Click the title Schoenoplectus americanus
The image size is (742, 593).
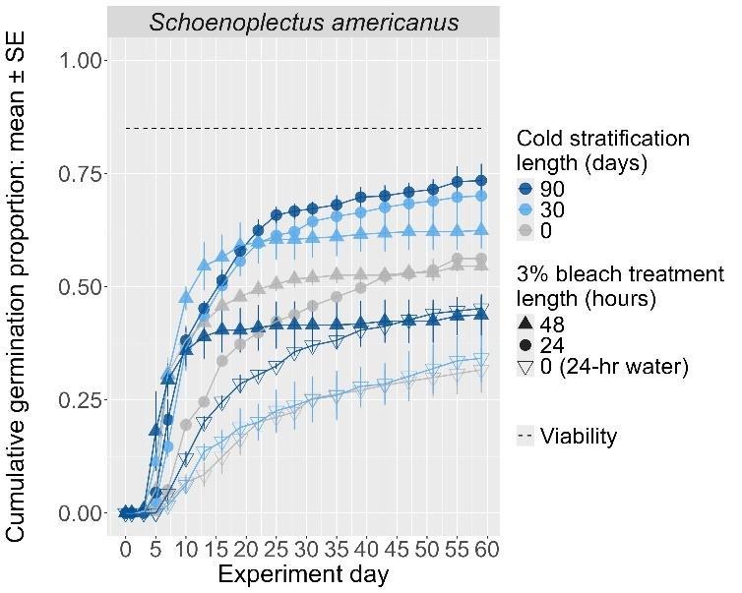303,22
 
